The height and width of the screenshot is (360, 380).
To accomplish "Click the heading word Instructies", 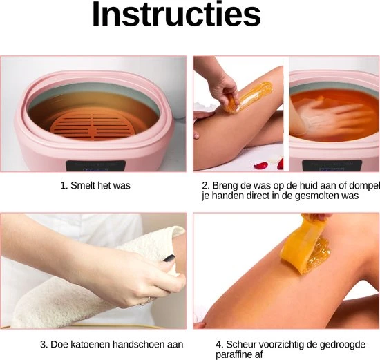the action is click(176, 15).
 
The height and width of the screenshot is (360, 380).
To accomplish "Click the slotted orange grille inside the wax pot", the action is click(93, 126).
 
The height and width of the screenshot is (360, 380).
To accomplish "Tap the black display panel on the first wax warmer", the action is click(96, 166).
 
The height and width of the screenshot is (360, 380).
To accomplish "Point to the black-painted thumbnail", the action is click(169, 258).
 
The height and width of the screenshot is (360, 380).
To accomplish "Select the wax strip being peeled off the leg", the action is click(305, 245).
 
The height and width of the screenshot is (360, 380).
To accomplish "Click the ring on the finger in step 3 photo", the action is click(145, 302).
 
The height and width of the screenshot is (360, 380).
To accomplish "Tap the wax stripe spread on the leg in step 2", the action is click(249, 97).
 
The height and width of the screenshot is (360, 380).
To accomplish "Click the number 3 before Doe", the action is click(44, 345).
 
